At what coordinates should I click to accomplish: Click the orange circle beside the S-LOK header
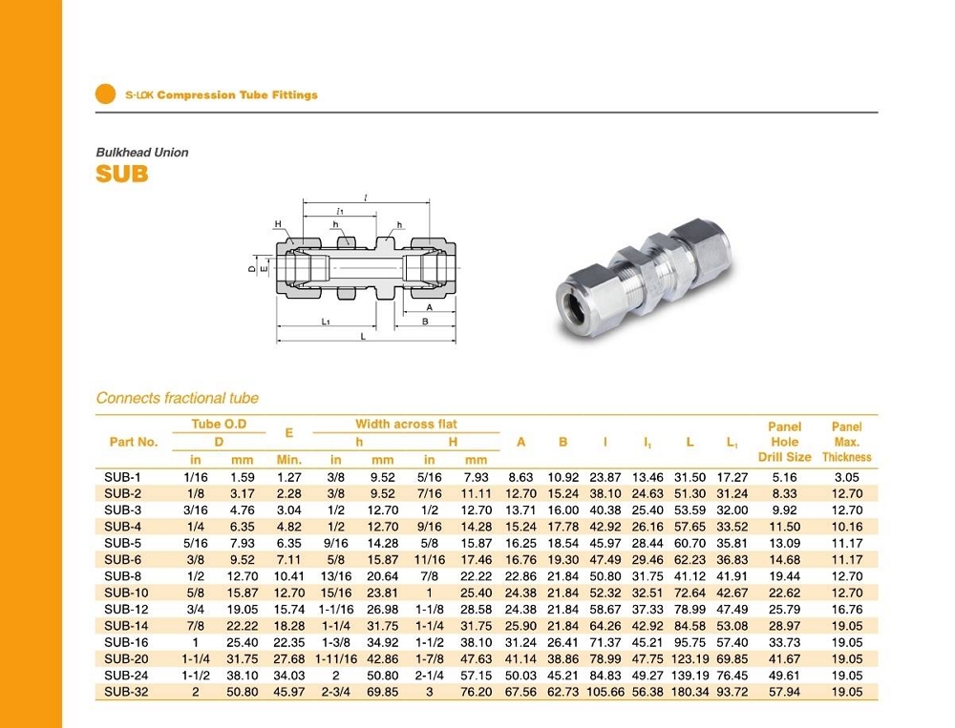point(106,94)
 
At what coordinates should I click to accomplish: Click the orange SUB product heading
point(122,176)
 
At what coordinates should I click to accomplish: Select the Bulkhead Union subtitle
point(142,153)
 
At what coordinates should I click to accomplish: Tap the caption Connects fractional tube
point(178,398)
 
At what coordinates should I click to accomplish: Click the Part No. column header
point(134,442)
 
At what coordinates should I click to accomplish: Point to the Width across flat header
point(406,425)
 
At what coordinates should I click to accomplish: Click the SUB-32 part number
point(126,692)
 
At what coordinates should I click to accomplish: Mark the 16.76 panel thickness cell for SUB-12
point(847,609)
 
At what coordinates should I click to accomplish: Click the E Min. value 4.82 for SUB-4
point(288,527)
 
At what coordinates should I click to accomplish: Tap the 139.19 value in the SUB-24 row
point(690,676)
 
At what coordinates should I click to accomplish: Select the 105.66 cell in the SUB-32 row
point(608,692)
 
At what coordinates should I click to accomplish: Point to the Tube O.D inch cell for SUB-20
point(196,658)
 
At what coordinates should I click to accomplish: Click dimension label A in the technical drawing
point(429,307)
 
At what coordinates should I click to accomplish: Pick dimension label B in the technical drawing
point(425,322)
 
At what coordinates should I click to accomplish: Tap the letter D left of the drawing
point(251,269)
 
